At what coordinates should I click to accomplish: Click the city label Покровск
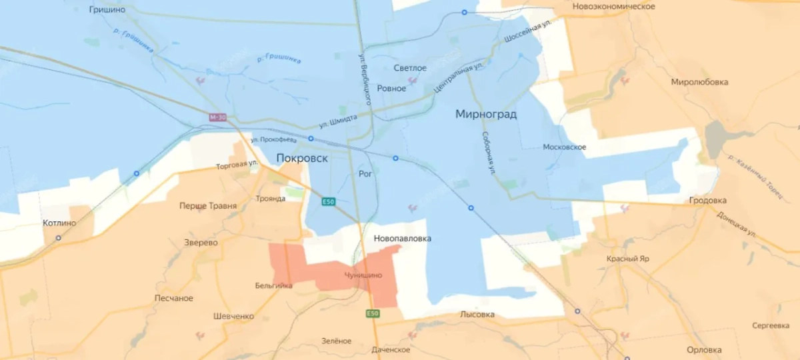pyautogui.click(x=302, y=159)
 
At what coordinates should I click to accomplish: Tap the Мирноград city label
pyautogui.click(x=486, y=115)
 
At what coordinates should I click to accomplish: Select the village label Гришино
pyautogui.click(x=107, y=10)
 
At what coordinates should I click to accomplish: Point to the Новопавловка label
pyautogui.click(x=402, y=238)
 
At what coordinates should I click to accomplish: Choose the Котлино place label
pyautogui.click(x=59, y=223)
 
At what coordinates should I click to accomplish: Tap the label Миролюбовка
pyautogui.click(x=699, y=82)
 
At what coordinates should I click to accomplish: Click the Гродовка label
pyautogui.click(x=708, y=200)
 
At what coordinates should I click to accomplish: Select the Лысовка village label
pyautogui.click(x=477, y=314)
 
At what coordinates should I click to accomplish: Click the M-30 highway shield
pyautogui.click(x=217, y=117)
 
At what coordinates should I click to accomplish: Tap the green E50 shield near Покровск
pyautogui.click(x=327, y=202)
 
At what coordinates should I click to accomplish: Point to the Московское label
pyautogui.click(x=565, y=147)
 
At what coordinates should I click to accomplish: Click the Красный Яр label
pyautogui.click(x=627, y=259)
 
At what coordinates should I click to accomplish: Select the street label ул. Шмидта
pyautogui.click(x=337, y=120)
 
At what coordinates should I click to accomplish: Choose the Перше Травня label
pyautogui.click(x=208, y=206)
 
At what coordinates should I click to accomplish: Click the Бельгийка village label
pyautogui.click(x=273, y=285)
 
